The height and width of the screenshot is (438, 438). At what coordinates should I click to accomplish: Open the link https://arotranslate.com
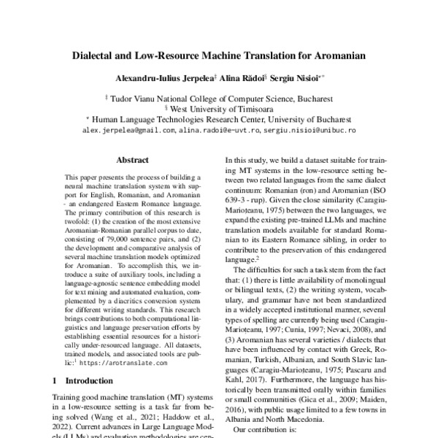tap(128, 361)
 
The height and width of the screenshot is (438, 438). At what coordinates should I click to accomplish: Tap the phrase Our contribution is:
tap(265, 431)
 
